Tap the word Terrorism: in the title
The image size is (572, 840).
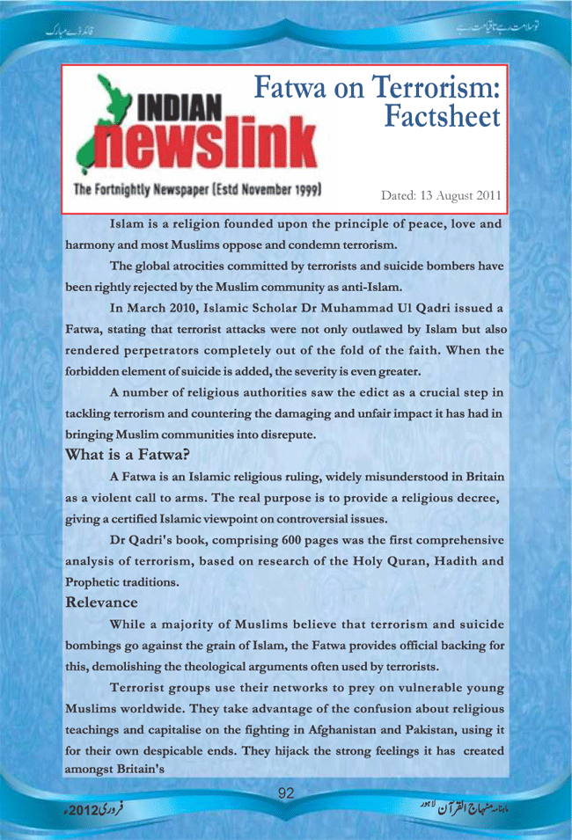(437, 87)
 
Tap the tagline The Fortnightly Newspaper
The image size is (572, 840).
(150, 189)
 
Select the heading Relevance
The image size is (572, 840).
(102, 603)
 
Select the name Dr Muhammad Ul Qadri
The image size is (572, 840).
(347, 307)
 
